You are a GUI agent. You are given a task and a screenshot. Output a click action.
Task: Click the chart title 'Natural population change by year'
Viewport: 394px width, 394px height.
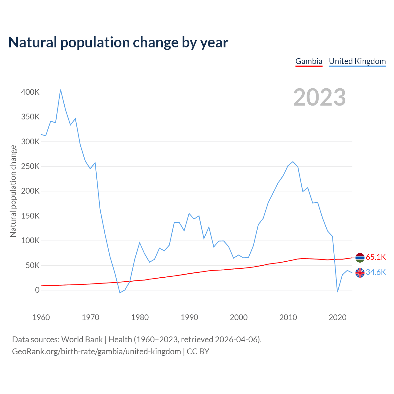coord(118,42)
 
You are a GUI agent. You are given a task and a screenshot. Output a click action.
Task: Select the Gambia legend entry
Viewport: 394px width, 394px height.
coord(309,61)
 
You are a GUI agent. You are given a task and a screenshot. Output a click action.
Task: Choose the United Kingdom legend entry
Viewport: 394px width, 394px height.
coord(357,61)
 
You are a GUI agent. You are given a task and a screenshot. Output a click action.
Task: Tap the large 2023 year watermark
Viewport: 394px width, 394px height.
coord(319,97)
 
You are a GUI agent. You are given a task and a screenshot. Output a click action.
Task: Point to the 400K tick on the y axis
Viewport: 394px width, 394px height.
coord(30,92)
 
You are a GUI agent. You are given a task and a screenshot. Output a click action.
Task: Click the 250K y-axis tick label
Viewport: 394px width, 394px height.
coord(30,166)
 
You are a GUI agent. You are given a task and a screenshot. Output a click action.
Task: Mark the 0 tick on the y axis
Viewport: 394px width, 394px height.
coord(37,290)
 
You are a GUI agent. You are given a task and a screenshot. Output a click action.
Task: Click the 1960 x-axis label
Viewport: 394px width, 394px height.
coord(41,317)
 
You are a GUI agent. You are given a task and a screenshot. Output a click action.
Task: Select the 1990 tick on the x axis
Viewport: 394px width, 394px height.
coord(189,317)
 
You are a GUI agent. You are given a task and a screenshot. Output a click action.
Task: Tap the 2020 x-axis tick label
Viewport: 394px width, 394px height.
coord(338,317)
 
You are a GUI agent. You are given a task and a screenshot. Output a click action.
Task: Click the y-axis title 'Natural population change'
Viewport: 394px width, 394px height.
coord(13,191)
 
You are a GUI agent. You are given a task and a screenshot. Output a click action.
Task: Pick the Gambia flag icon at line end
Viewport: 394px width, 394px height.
coord(360,258)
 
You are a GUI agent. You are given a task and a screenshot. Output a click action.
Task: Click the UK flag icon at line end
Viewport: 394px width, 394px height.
coord(360,273)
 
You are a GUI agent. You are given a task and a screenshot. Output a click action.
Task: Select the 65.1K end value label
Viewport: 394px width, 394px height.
coord(376,257)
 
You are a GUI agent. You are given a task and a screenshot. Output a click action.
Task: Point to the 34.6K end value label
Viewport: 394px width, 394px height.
coord(376,272)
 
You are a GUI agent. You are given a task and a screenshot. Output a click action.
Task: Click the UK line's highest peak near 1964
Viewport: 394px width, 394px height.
coord(61,90)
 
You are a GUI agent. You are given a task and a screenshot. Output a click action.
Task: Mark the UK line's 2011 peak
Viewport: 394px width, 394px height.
coord(293,162)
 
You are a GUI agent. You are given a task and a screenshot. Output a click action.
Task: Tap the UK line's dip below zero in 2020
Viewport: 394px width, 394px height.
coord(337,292)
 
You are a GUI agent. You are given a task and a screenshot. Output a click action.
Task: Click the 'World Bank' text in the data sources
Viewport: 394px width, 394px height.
coord(82,340)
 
